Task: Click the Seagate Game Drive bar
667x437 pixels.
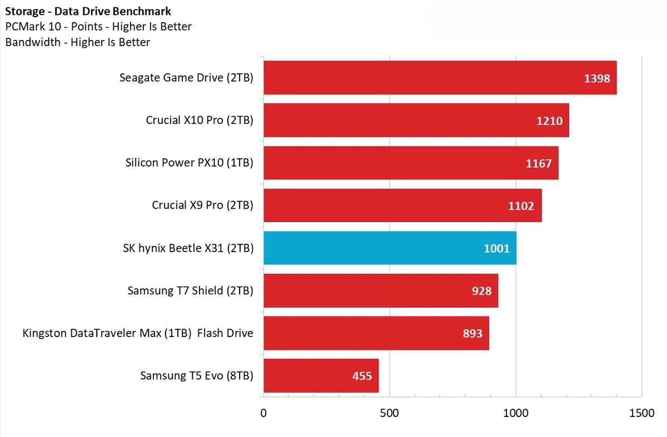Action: click(x=439, y=78)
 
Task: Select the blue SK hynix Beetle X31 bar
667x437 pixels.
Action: click(x=389, y=248)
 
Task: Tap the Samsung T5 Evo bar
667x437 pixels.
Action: click(x=321, y=376)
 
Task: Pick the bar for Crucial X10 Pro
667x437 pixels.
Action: click(x=416, y=120)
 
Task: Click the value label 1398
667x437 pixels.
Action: click(x=597, y=78)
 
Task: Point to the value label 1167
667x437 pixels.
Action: click(x=539, y=163)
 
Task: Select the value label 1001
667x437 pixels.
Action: click(x=496, y=249)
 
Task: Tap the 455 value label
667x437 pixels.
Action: click(x=362, y=376)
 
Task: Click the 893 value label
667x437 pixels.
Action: click(x=472, y=334)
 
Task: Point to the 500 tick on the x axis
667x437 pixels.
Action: click(x=390, y=413)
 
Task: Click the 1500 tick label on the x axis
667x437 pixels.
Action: click(x=642, y=413)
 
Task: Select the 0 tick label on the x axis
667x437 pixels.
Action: click(x=263, y=413)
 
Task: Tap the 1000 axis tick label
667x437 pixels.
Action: click(x=516, y=413)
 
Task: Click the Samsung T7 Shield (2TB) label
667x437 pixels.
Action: click(x=190, y=290)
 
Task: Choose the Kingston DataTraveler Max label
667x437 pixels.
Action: click(x=138, y=333)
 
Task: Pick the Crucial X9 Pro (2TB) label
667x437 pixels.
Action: click(x=202, y=205)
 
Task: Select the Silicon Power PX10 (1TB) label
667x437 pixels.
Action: click(x=190, y=163)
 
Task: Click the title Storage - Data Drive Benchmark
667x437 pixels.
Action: click(x=88, y=11)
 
